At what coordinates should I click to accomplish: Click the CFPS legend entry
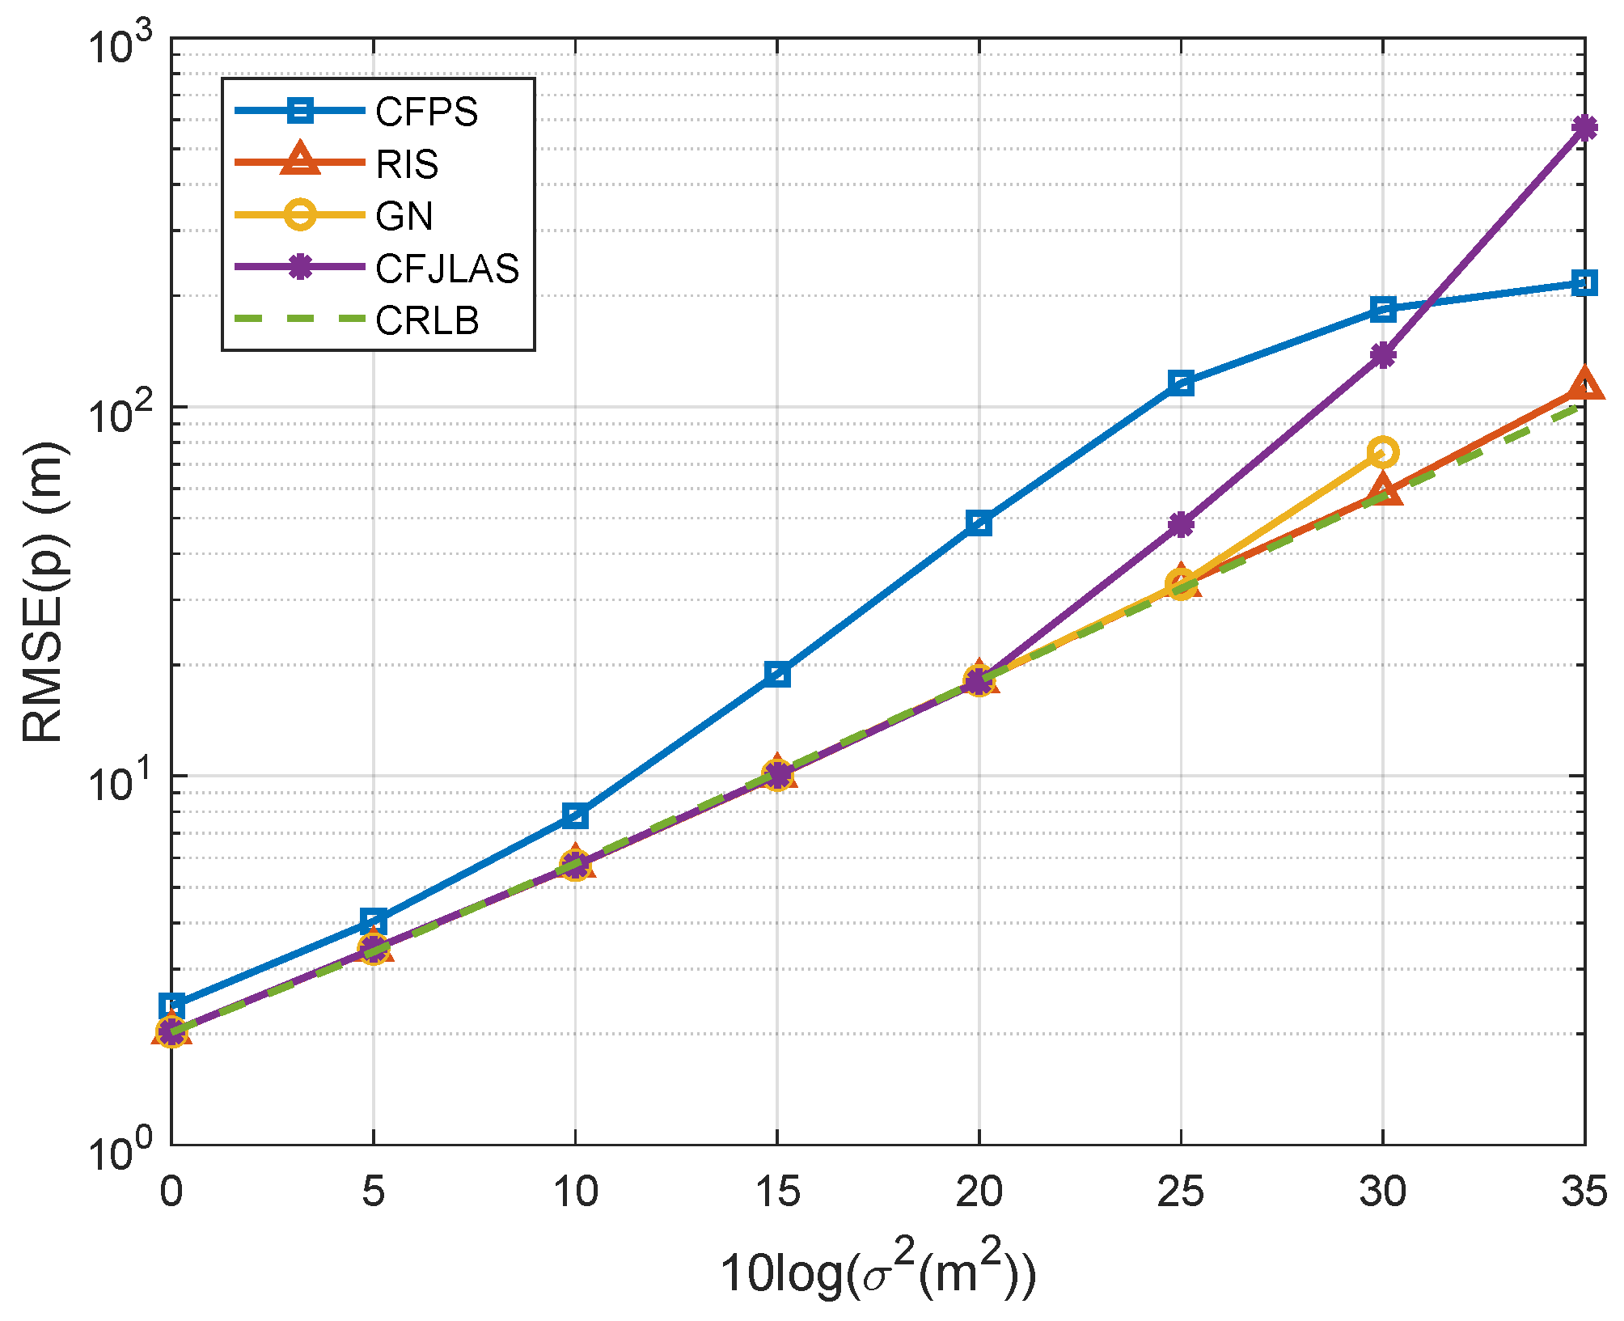(426, 112)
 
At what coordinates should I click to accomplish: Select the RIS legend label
(407, 164)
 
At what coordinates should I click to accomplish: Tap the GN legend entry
(404, 216)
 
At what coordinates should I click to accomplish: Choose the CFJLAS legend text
(446, 269)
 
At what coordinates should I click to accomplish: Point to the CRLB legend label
(426, 321)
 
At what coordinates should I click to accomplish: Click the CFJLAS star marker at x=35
(1584, 128)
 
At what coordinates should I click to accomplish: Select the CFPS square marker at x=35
(1584, 283)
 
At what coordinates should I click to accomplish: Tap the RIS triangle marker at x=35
(1584, 385)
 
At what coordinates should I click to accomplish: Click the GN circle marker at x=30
(1383, 452)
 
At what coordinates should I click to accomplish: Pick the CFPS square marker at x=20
(979, 523)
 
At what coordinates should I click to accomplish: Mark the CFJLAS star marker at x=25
(1181, 525)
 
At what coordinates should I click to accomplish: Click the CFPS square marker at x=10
(575, 815)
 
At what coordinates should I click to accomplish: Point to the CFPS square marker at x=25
(1181, 383)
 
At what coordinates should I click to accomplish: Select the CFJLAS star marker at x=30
(1383, 354)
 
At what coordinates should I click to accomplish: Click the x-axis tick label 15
(776, 1192)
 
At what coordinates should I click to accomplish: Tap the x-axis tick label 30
(1382, 1192)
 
